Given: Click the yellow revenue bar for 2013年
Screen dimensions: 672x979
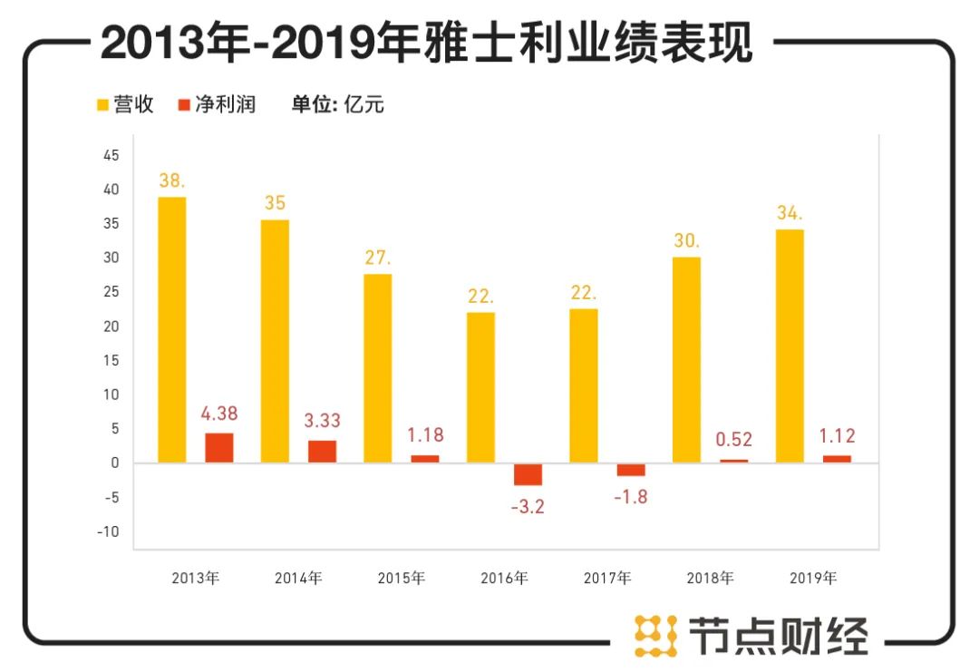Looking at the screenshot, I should click(171, 330).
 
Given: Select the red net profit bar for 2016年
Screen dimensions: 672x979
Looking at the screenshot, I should click(528, 474).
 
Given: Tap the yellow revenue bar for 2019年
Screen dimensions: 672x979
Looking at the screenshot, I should click(789, 346).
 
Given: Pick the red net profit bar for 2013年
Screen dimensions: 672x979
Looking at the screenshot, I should click(219, 448).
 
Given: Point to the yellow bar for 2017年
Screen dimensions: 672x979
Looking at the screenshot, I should click(583, 385).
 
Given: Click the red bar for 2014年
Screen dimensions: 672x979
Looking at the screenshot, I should click(322, 452).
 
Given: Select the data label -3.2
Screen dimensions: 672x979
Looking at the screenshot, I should click(528, 506).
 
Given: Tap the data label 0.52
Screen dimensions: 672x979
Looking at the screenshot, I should click(733, 440).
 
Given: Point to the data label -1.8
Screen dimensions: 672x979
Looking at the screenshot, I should click(630, 497).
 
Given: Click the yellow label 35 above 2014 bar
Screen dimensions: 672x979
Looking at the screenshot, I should click(275, 202).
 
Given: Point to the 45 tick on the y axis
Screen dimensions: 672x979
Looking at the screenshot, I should click(111, 156).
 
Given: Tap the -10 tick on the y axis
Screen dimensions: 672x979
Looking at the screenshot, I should click(108, 531).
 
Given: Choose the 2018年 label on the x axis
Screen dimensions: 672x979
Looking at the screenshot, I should click(710, 578).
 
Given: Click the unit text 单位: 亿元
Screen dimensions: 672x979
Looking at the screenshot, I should click(337, 104).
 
